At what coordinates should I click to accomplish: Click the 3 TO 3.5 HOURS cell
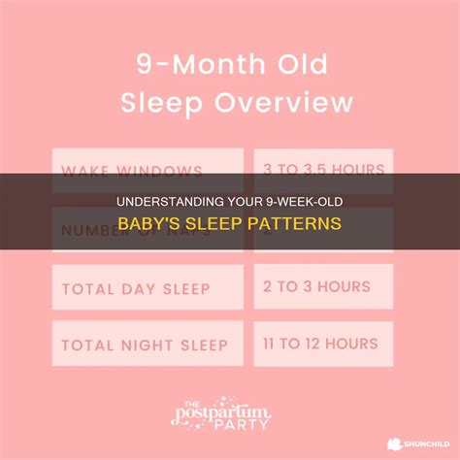[323, 171]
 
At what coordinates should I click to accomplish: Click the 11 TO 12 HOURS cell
[323, 345]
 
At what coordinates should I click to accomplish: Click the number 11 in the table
[273, 345]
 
